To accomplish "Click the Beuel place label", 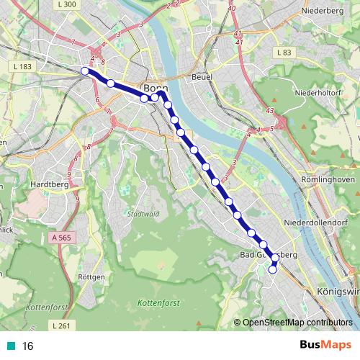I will click(201, 76).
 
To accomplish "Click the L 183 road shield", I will click(22, 67).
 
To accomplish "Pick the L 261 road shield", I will click(62, 327).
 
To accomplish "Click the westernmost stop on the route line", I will click(85, 71).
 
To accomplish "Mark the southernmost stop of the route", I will click(273, 270).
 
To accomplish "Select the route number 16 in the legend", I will click(28, 346).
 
